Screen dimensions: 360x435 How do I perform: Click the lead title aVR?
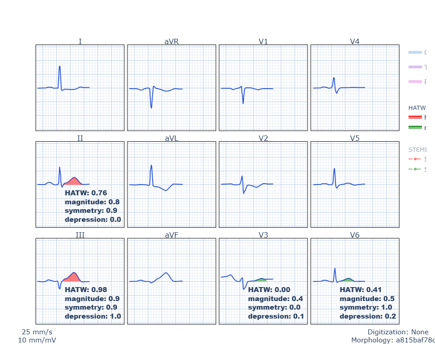pos(172,41)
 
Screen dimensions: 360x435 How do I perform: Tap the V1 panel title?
pos(263,41)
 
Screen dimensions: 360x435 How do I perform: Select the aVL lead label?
pos(172,138)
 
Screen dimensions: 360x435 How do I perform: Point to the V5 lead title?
pos(355,138)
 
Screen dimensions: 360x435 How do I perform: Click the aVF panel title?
pos(172,235)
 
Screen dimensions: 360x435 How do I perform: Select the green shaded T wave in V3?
pos(260,280)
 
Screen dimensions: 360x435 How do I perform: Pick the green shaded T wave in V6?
pos(348,280)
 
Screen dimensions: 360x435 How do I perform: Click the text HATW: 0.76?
pos(86,193)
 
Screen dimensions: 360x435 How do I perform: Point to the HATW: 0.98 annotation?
pos(86,290)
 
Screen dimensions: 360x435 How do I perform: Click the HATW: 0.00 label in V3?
pos(269,290)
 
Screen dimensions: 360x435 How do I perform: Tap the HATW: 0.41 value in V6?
pos(360,290)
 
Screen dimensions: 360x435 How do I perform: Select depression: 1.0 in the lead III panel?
pos(93,316)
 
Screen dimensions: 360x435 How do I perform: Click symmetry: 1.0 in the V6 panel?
pos(366,307)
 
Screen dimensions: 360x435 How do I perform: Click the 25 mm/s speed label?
pos(37,332)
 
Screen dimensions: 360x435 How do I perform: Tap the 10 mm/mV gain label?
pos(37,340)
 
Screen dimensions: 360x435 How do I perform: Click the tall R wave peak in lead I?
pos(59,67)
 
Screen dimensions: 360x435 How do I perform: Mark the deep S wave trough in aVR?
pos(151,108)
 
